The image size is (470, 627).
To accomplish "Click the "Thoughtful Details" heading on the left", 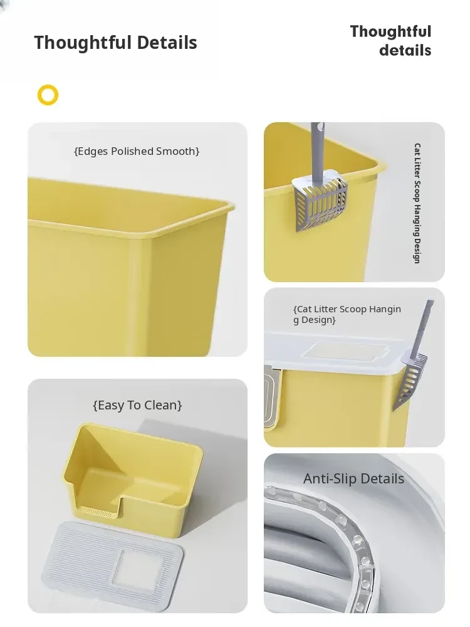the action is coord(115,43).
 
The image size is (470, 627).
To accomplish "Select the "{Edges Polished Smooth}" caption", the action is coord(137,152).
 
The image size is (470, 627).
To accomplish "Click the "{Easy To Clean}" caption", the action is coord(137,406).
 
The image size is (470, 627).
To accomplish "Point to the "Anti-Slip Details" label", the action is coord(353,478).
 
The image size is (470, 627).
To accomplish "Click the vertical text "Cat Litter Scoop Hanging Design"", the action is coord(417,203).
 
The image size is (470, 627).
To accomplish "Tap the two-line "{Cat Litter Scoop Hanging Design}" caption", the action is coord(347,314).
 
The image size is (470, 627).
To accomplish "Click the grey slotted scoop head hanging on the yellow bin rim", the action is coord(320,199).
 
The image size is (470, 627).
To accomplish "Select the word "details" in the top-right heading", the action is coord(405,50).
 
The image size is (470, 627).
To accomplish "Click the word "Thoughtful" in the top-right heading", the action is coord(390,31).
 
